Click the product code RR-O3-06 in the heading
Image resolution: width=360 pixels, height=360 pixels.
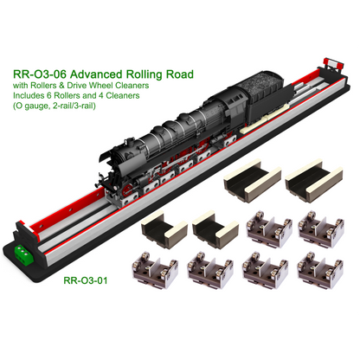(x=40, y=74)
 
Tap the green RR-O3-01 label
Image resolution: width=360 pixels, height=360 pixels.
(x=86, y=280)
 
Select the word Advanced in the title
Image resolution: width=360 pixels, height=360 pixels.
(x=96, y=74)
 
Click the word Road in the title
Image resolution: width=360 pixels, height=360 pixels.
(x=179, y=74)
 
